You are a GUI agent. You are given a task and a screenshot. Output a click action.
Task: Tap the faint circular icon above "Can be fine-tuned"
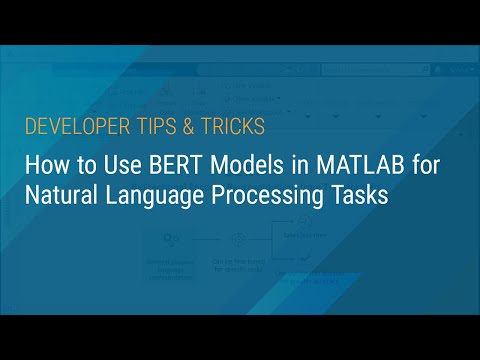(237, 241)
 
